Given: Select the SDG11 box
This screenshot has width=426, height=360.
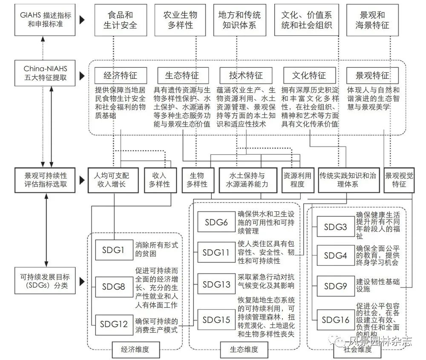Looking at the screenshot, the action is coord(216,252).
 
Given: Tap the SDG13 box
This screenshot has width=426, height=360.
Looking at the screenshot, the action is coord(216,284).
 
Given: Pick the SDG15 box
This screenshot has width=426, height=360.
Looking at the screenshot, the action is coord(216,320).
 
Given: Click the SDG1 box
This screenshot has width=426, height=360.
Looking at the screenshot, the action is coord(114,250).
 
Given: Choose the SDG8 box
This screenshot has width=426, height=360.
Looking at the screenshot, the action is coord(114,287).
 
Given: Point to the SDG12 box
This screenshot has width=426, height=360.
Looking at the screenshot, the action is coord(114,324).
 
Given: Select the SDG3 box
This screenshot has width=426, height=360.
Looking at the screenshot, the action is coord(336,227).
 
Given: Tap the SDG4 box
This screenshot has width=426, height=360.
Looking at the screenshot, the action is coord(336,255).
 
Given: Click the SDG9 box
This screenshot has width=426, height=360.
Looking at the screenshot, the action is coord(336,286).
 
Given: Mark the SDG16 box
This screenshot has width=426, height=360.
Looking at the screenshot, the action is coord(336,320).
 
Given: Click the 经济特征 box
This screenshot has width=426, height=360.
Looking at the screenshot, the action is coord(121,75).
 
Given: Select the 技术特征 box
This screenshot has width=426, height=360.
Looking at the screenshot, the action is coord(246,75).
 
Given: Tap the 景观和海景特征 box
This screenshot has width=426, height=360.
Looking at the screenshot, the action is coord(372,20).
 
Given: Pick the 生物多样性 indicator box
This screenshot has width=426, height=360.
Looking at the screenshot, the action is coord(198,180).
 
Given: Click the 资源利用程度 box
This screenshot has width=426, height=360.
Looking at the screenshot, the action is coord(297,180).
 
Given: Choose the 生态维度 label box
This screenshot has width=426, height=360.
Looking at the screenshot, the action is coord(244,350).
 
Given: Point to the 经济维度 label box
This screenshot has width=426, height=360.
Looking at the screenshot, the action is coord(135,350).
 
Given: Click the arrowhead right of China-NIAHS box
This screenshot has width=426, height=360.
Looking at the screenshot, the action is coord(82,75).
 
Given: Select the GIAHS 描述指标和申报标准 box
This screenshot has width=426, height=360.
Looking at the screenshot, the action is coord(45,20).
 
